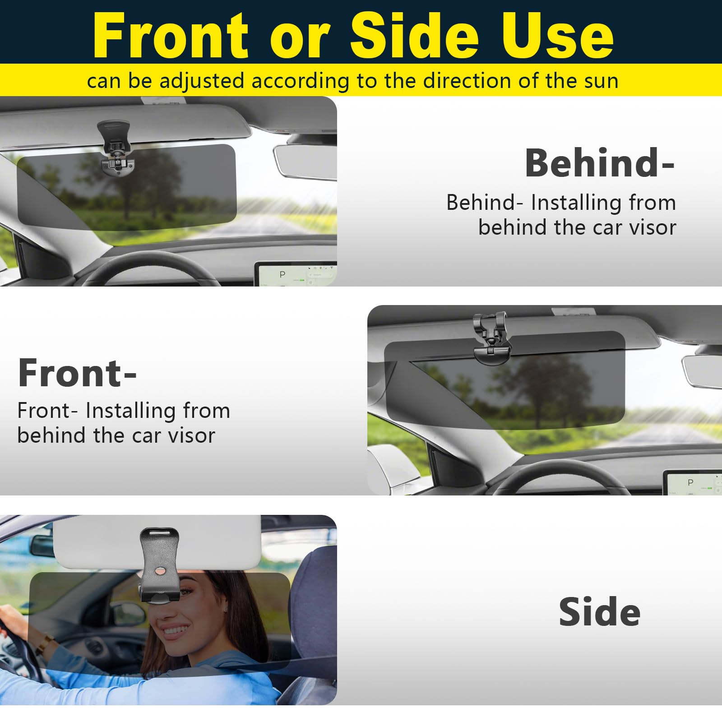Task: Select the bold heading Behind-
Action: pos(599,163)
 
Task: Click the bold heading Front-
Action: pos(77,373)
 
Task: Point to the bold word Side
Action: pos(599,612)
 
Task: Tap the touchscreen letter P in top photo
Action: pos(282,274)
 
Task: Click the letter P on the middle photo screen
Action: pos(690,482)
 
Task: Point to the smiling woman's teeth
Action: pos(176,629)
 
